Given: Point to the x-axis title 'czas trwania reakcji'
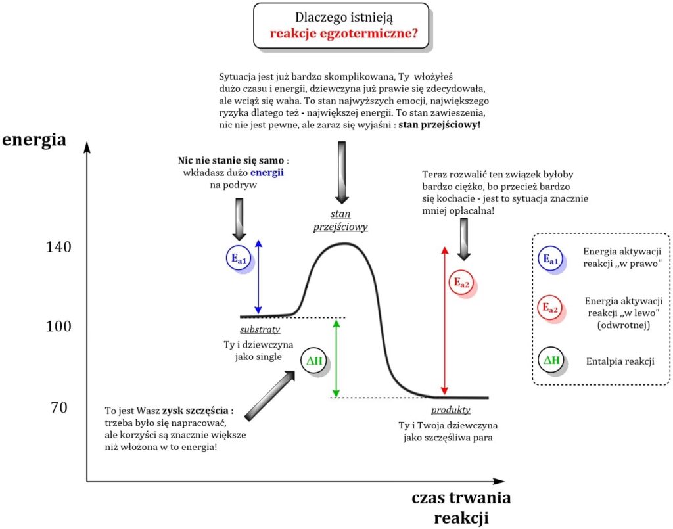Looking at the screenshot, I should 461,507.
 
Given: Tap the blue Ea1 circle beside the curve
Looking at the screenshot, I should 238,259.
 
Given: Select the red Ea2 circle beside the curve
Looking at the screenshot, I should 461,283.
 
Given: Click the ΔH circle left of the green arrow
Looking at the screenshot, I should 313,360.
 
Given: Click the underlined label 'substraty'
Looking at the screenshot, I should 260,329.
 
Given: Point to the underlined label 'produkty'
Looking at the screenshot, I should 451,410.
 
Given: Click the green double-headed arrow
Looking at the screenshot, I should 336,357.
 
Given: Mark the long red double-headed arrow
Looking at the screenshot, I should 445,320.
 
